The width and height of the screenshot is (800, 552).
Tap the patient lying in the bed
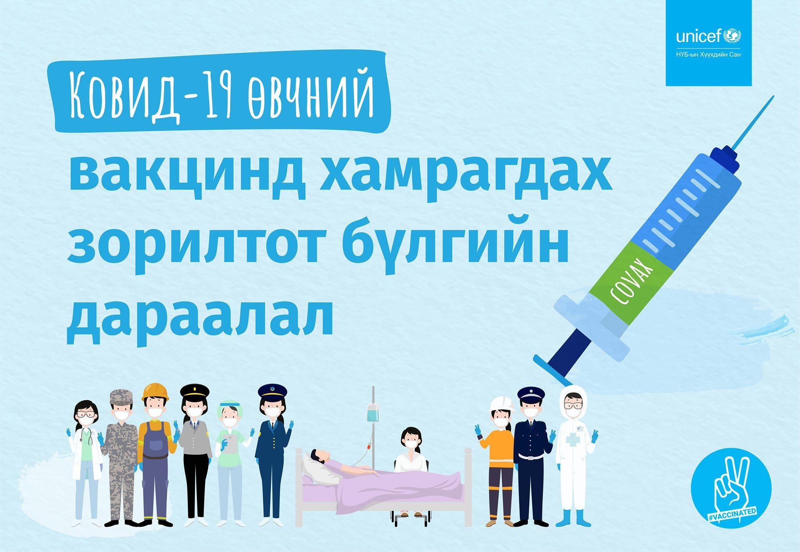(x=352, y=471)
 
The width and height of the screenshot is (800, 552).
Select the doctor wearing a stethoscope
(x=86, y=461)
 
